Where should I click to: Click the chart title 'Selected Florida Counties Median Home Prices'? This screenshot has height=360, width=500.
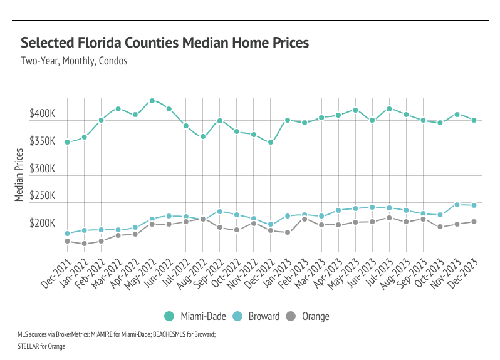pos(165,43)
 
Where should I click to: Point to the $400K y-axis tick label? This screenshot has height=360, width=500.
pos(42,115)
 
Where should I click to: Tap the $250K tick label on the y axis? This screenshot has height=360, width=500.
pos(42,196)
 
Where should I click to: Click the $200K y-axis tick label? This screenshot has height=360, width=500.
pos(42,224)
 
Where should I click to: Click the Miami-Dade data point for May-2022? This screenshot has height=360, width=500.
pos(152,101)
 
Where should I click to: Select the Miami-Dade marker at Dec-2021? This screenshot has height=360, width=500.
pos(68,142)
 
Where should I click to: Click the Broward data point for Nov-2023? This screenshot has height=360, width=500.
pos(457,205)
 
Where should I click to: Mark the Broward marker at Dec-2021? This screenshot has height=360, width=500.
pos(68,234)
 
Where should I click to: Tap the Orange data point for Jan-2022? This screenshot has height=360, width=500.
pos(85,244)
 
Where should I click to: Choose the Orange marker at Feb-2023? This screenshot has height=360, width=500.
pos(305,219)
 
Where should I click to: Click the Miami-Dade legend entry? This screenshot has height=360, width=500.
pos(195,316)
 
